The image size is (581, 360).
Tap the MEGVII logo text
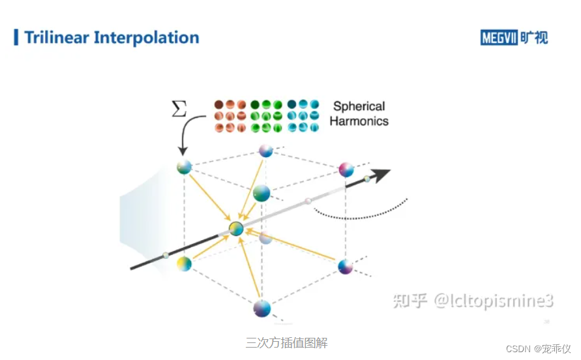pos(499,37)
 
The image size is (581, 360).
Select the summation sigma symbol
pos(178,108)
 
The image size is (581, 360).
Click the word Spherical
pos(359,106)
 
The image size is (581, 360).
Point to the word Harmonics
pos(359,121)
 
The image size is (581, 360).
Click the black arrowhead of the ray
pos(381,174)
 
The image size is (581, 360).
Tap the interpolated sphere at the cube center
pos(237,228)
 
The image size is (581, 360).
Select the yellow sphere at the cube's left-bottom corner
pos(185,264)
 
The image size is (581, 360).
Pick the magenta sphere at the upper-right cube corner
pos(346,170)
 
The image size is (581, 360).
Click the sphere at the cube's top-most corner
pos(265,151)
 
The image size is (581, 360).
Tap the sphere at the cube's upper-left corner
pos(185,167)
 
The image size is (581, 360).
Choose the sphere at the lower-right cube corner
pos(346,265)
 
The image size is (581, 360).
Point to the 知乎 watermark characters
pos(409,300)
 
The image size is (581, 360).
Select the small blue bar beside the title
pos(16,37)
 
